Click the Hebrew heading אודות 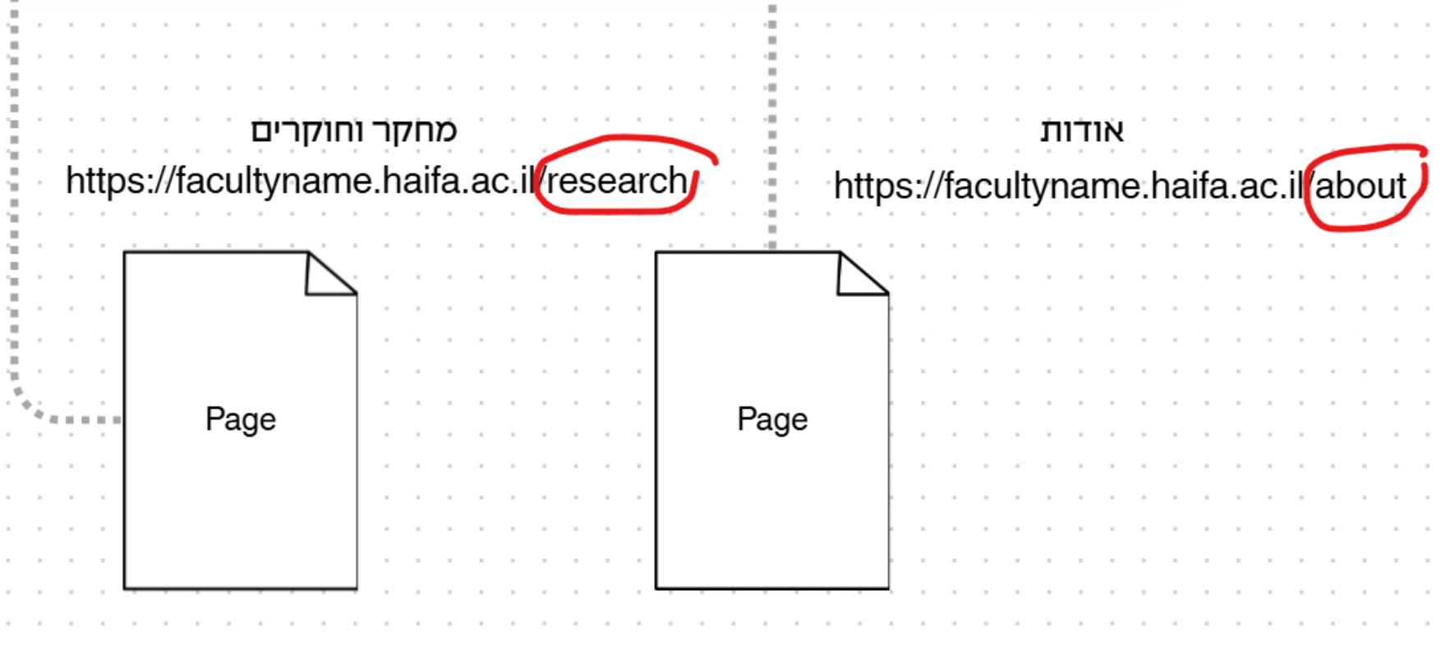coord(1082,131)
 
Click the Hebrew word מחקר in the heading coord(416,131)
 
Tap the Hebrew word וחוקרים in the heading coord(308,131)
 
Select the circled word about coord(1361,186)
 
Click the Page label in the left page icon coord(241,419)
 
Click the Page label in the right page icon coord(772,419)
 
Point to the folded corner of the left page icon coord(331,273)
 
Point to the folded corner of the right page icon coord(863,273)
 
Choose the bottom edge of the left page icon coord(241,588)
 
